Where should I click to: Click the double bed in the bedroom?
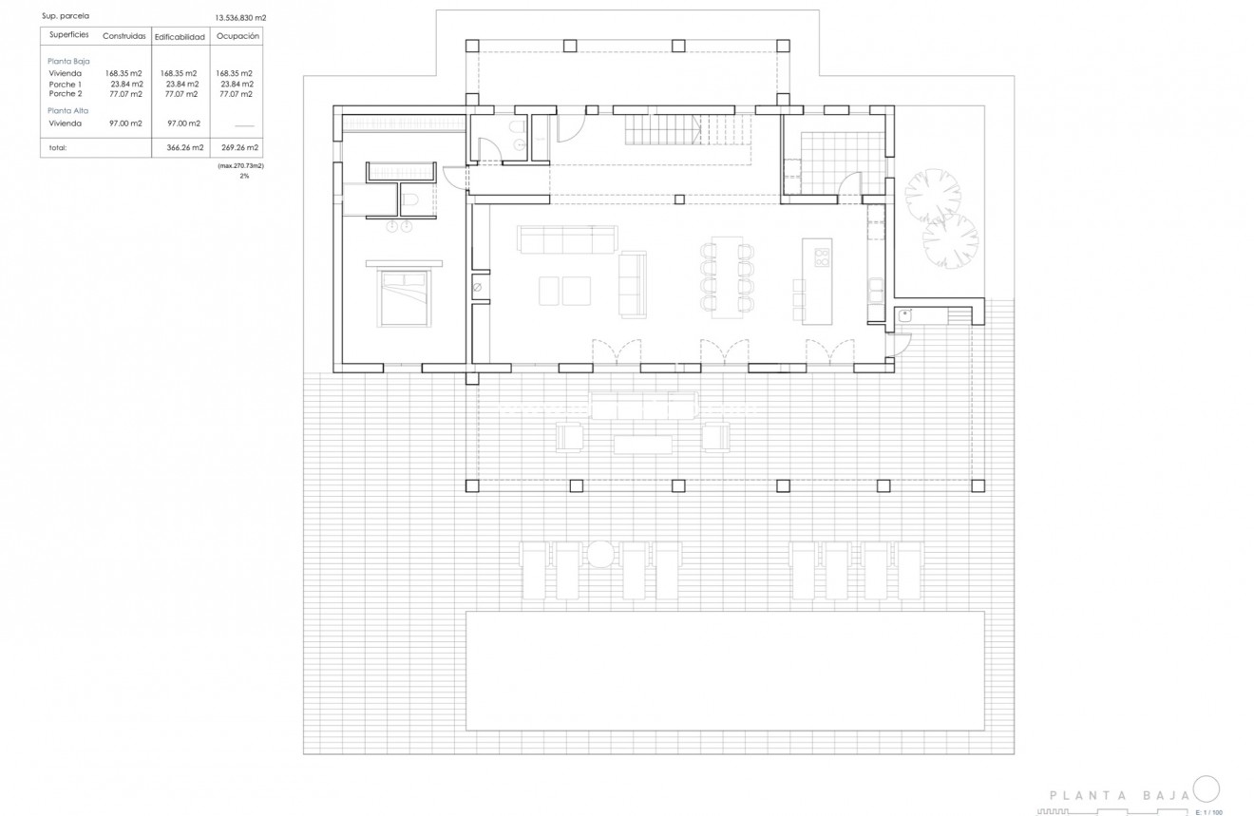405,298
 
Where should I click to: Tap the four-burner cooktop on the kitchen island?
822,256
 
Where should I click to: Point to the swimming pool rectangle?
725,671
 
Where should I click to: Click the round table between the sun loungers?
598,553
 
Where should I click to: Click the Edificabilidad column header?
180,36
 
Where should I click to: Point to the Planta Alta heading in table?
66,110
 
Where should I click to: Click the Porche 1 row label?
66,84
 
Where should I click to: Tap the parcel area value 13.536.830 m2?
241,17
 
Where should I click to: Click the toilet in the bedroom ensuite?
409,198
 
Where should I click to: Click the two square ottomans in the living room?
563,291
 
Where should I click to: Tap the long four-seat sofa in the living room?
567,239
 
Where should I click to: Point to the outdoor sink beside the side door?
905,316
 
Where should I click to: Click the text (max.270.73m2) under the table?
240,165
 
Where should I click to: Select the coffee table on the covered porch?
643,444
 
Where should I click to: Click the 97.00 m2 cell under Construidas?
124,123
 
